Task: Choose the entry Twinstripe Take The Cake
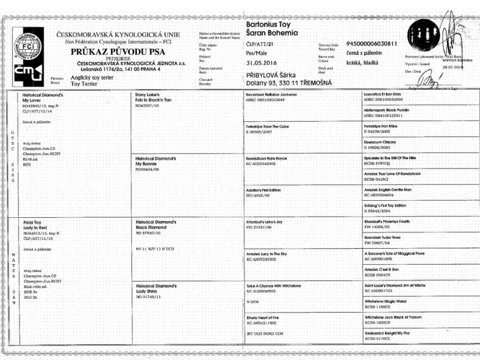coord(270,126)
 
